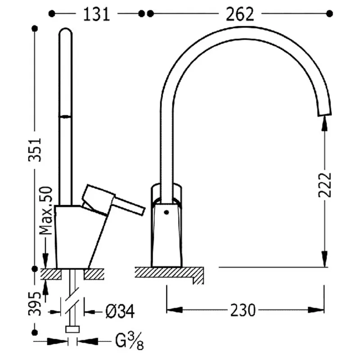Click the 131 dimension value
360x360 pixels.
96,14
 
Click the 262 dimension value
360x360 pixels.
240,14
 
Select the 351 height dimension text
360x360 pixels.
35,150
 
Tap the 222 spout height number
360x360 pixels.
325,185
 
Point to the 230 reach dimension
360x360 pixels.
243,310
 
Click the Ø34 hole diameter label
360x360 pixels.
120,311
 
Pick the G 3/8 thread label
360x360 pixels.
129,342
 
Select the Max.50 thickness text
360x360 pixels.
46,211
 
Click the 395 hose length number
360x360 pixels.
35,304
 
